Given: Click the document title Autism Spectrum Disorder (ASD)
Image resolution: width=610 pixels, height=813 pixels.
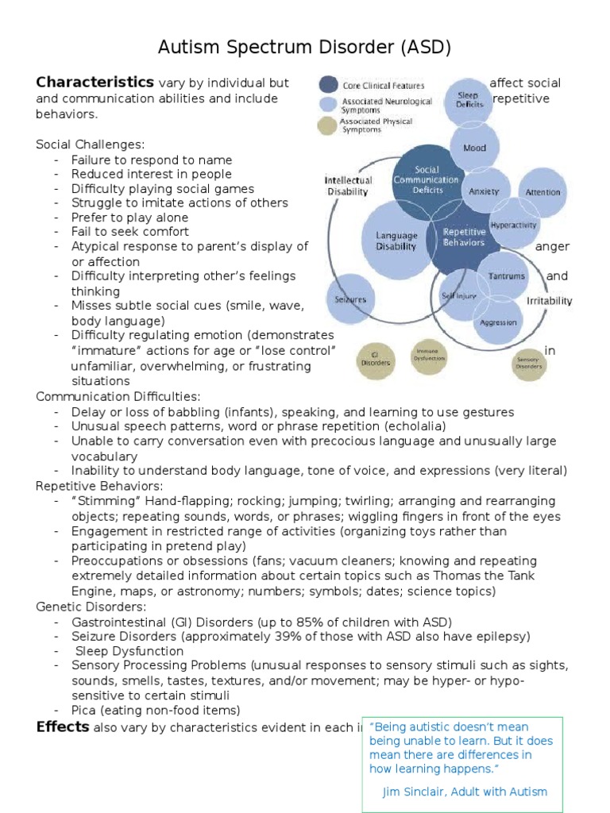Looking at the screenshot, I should pos(305,48).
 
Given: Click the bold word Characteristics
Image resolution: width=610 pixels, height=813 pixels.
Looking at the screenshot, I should pos(95,83).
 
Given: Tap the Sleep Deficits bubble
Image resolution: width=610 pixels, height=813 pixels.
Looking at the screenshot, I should pos(468,102).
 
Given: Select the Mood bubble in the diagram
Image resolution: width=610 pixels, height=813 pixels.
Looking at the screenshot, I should pos(475,148).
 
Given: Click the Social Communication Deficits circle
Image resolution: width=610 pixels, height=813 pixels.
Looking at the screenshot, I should pos(427,179).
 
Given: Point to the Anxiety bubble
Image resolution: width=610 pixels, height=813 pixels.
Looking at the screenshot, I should pos(484,192).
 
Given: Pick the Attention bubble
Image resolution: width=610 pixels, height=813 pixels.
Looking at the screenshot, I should pos(542,192).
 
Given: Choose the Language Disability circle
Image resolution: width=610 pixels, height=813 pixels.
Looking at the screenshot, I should pos(396,241).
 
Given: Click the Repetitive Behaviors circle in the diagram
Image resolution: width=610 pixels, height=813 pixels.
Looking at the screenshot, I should pos(463,236).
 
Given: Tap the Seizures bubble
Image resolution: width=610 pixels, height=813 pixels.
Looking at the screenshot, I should pos(350,299).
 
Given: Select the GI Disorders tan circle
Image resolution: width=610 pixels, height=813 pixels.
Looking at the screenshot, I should pos(376,358).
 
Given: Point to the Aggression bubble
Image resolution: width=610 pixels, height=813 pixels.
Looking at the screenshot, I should pos(498,322).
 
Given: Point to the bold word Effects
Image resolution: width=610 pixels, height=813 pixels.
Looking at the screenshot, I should pos(63,726).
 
